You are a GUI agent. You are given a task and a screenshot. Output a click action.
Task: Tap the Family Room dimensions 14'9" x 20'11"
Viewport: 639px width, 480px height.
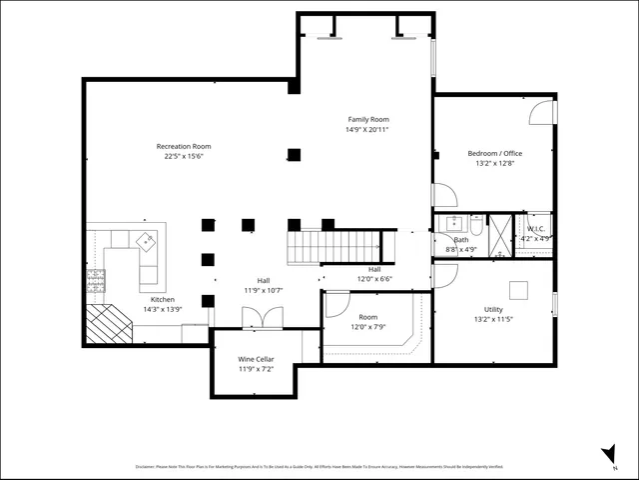(367, 129)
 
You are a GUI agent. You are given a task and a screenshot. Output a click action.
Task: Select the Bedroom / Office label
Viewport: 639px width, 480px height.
(495, 153)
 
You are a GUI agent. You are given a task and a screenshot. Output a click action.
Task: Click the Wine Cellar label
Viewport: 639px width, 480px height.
(256, 359)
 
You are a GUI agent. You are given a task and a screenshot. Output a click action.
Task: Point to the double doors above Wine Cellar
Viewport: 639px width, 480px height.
(256, 317)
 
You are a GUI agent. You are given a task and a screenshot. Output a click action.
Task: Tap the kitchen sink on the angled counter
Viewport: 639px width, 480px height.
(146, 240)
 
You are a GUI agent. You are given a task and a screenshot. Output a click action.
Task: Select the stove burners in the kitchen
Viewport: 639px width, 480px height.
(97, 277)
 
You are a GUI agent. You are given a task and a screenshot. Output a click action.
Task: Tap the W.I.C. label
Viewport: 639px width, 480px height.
(534, 229)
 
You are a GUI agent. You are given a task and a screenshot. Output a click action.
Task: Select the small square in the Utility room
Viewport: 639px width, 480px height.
(518, 290)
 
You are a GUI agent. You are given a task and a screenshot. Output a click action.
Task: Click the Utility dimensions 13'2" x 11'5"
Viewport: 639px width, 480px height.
(493, 320)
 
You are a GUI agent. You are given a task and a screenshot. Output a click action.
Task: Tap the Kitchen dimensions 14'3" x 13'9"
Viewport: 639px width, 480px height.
(163, 309)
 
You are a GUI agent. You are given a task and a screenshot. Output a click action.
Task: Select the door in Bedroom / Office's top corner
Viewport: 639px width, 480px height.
(540, 111)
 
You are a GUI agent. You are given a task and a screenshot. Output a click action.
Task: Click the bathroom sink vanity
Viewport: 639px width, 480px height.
(454, 222)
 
